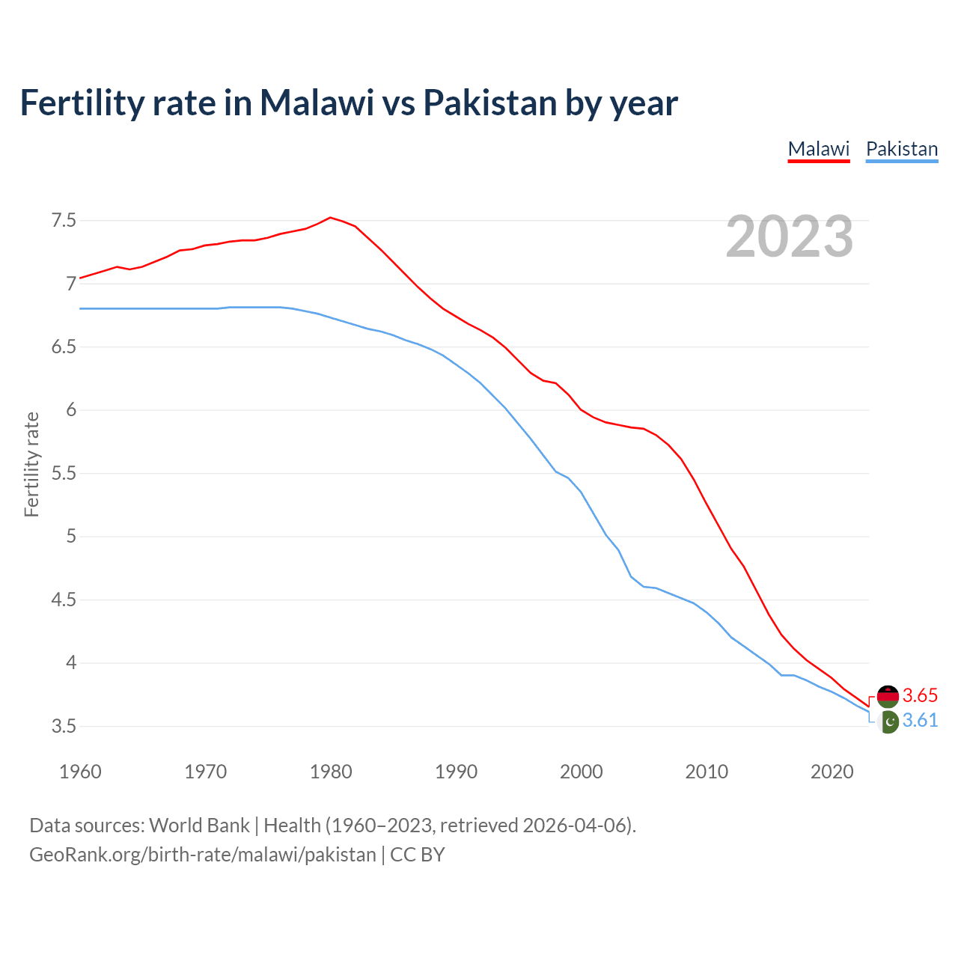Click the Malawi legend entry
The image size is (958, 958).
(819, 149)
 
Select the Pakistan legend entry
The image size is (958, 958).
(901, 149)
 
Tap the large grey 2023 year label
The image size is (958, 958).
(790, 237)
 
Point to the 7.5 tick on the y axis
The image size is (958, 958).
(64, 221)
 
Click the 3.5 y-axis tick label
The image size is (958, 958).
(64, 727)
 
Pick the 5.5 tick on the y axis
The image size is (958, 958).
(64, 474)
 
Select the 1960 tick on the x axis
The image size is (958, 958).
(80, 772)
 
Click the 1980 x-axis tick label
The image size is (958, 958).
(331, 772)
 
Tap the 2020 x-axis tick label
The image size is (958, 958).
(832, 772)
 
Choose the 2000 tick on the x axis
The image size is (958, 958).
(582, 772)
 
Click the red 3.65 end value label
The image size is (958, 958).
(920, 695)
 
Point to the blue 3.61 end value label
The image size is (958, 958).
(920, 720)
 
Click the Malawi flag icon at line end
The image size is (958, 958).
(888, 696)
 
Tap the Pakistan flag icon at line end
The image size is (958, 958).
(888, 722)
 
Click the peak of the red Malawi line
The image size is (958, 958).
(330, 218)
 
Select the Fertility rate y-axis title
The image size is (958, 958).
(31, 464)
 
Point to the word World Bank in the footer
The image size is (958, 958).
(199, 826)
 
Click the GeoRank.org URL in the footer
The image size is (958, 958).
(202, 855)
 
